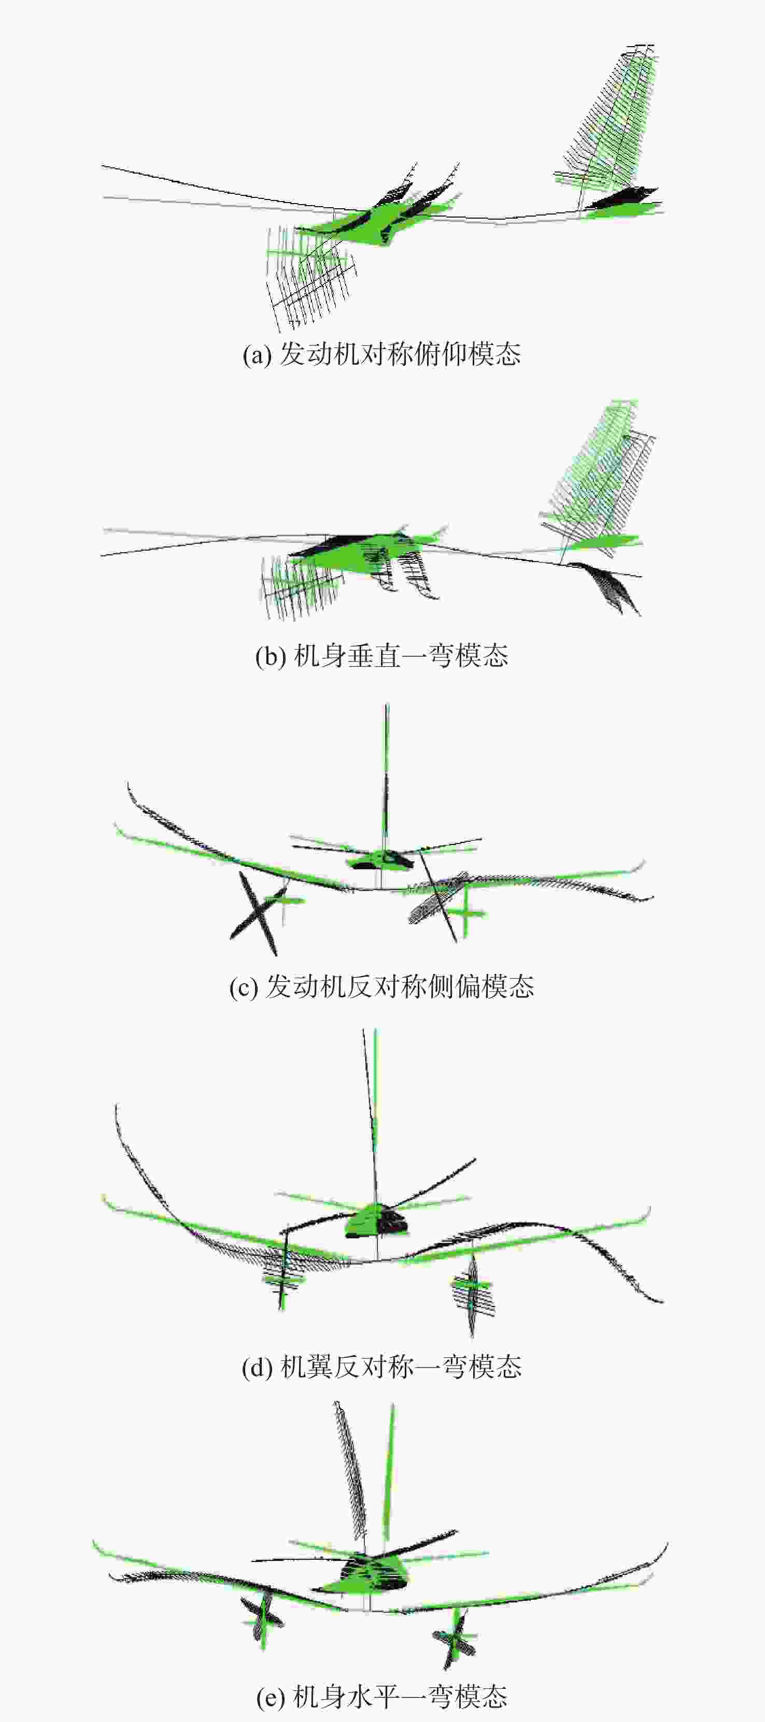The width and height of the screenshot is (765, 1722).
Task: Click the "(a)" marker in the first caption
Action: (257, 354)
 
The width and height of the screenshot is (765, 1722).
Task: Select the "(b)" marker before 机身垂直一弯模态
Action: (271, 656)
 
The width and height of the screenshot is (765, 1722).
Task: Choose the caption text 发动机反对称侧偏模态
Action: (400, 987)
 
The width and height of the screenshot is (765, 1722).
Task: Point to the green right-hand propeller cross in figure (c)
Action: (466, 912)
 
